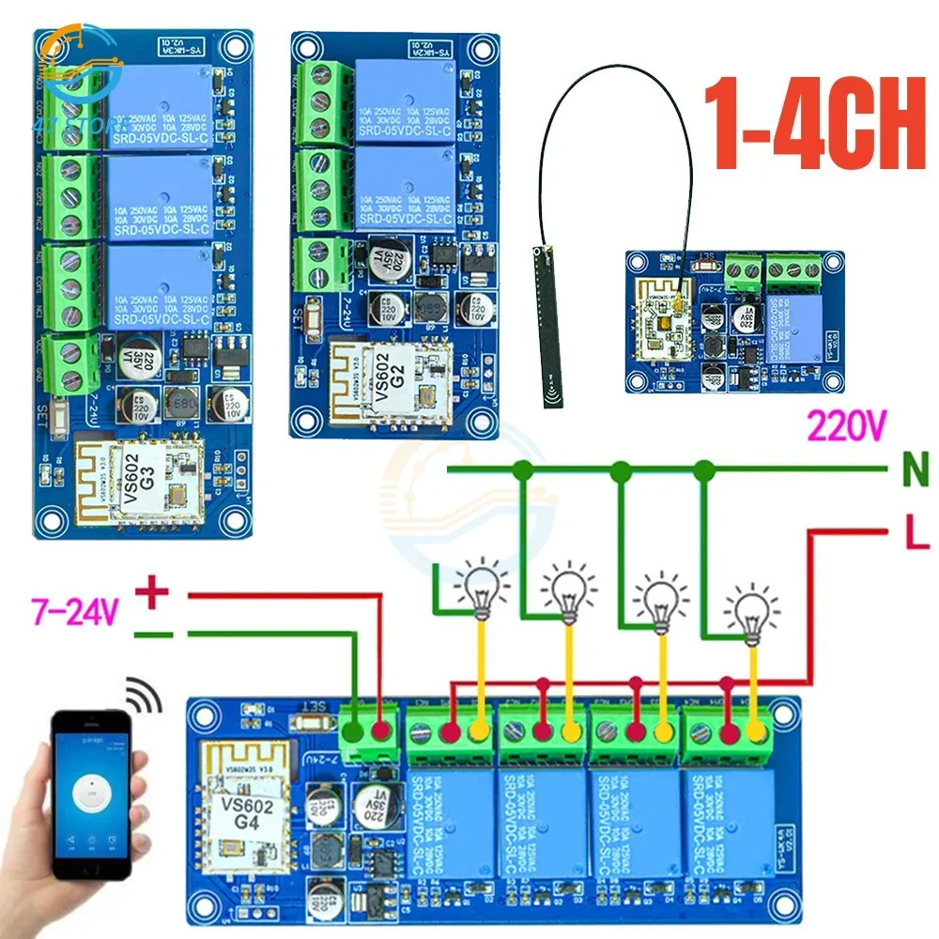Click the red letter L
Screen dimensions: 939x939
(x=916, y=537)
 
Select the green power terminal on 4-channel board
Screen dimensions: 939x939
(x=365, y=734)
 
